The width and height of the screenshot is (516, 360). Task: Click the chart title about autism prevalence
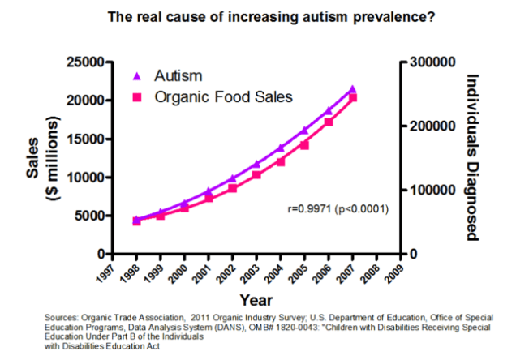(257, 15)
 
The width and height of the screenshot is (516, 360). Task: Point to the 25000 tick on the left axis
(84, 62)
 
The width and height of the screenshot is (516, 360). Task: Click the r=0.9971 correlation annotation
(338, 210)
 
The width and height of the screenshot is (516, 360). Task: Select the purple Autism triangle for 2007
(352, 89)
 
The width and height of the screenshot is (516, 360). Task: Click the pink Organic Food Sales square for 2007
(352, 98)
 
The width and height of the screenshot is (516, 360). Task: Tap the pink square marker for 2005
(305, 145)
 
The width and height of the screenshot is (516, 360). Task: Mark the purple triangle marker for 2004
(281, 148)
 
